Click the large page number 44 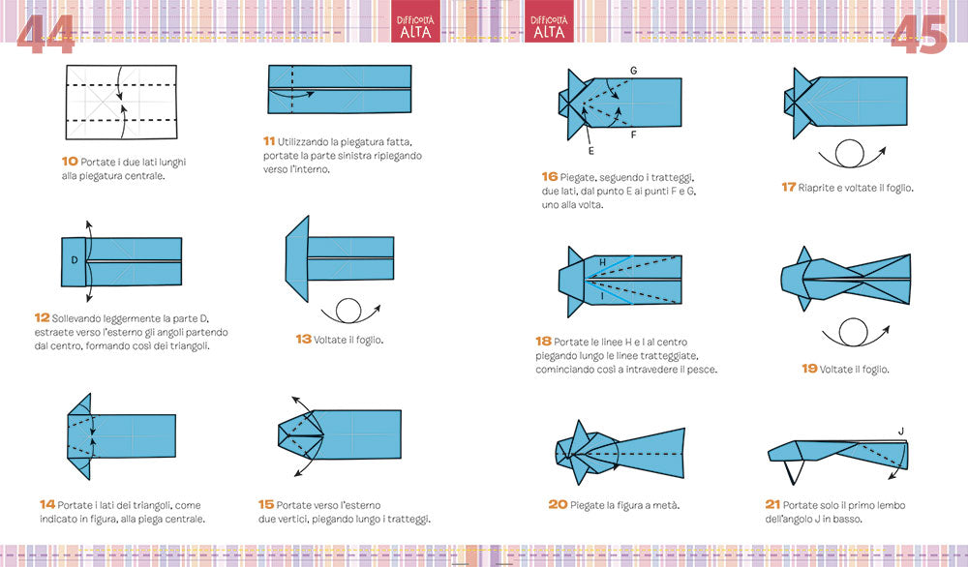click(x=45, y=35)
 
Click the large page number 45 click(x=920, y=35)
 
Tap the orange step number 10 click(x=70, y=161)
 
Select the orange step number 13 click(x=303, y=339)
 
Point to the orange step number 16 click(x=550, y=176)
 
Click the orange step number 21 click(x=772, y=504)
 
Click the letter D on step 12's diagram click(x=75, y=260)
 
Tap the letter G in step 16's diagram click(x=633, y=71)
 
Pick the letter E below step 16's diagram click(x=590, y=151)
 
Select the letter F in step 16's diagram click(x=633, y=134)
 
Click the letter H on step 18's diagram click(x=602, y=263)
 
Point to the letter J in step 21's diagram click(x=901, y=432)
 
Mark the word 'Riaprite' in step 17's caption click(x=816, y=188)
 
